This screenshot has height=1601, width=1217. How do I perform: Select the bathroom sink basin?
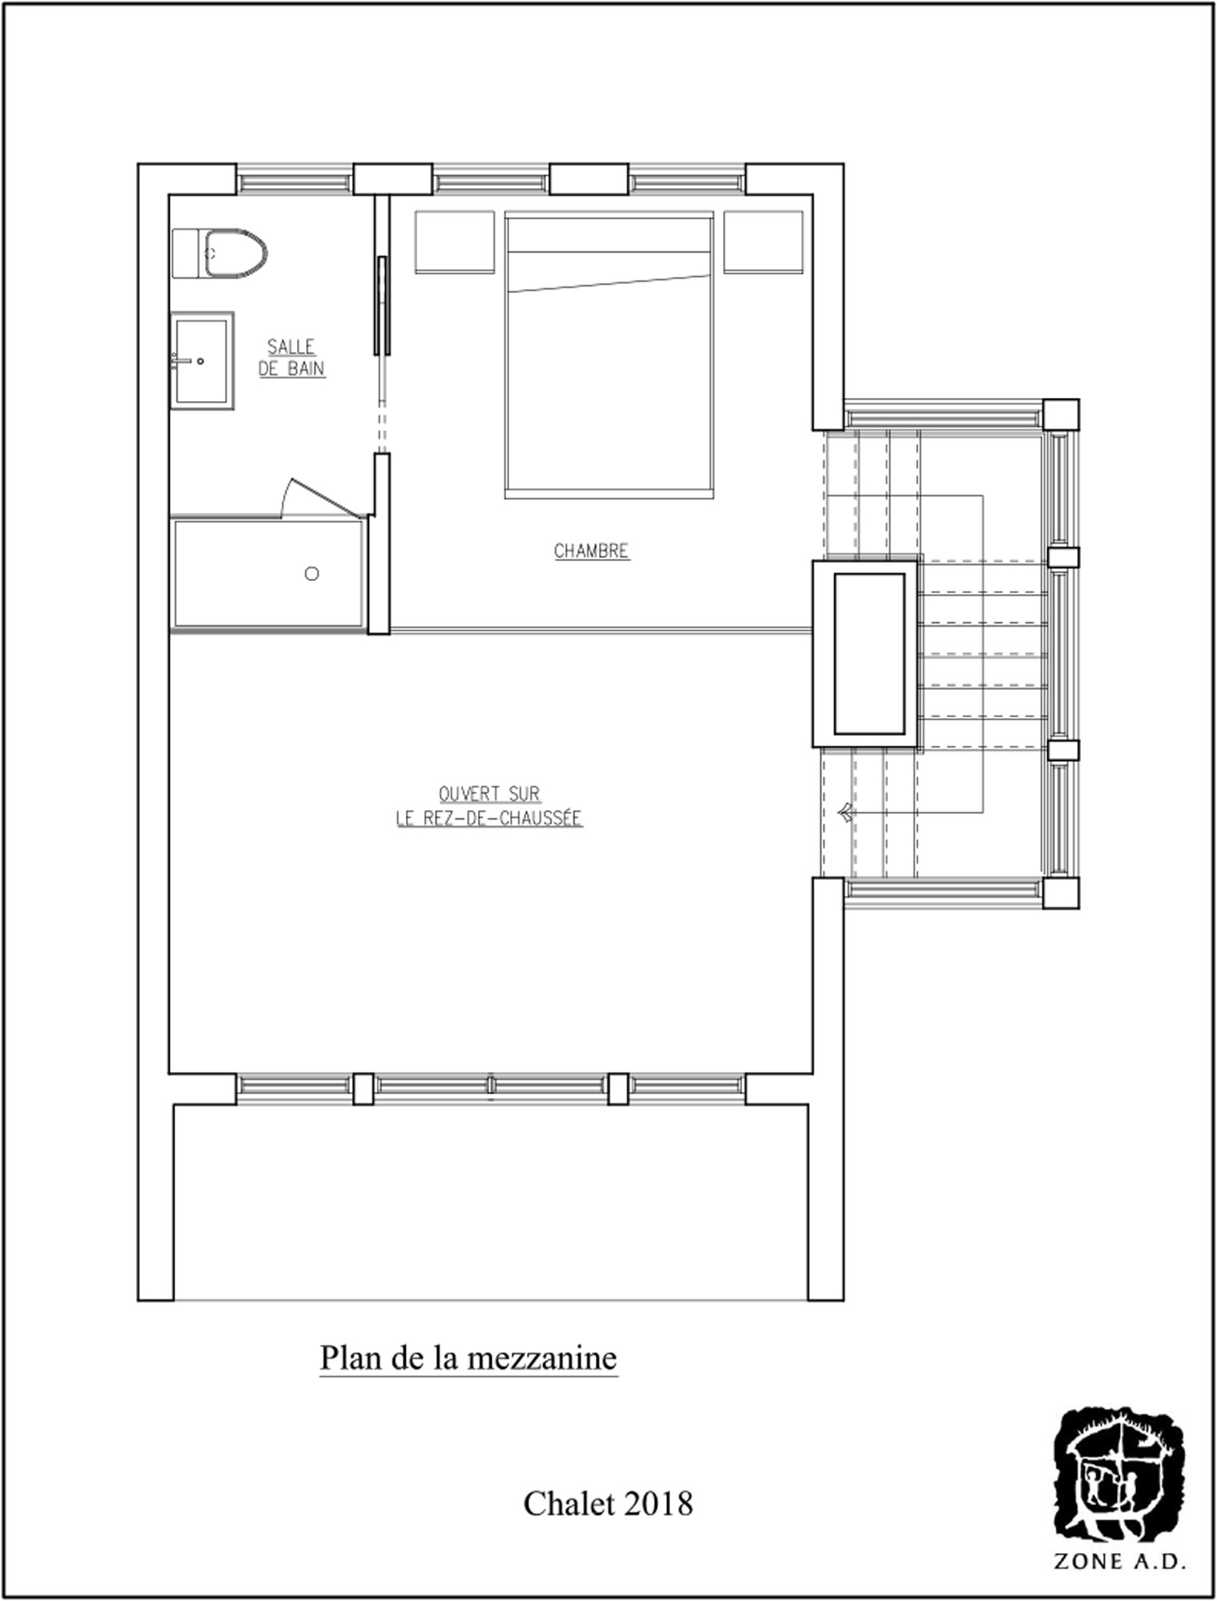coord(202,361)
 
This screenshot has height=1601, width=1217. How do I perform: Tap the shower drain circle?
coord(312,573)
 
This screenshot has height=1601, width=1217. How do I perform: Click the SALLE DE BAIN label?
coord(291,358)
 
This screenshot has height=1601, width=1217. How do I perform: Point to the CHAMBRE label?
coord(592,551)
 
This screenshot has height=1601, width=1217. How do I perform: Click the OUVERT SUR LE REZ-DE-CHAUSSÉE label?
coord(489,806)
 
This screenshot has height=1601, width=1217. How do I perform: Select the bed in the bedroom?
coord(609,355)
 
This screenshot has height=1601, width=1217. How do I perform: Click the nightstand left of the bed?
coord(455,242)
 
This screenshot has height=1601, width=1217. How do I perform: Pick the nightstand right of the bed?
coord(764,242)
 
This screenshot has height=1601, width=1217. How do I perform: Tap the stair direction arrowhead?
coord(845,813)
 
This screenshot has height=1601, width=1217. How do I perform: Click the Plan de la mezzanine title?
coord(468,1358)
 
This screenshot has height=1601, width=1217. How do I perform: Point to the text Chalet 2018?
coord(608,1504)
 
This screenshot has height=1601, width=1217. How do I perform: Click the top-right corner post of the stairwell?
coord(1061,415)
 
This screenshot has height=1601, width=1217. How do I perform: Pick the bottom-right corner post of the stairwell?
coord(1061,893)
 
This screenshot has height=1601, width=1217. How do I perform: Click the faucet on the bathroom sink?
coord(183,361)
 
